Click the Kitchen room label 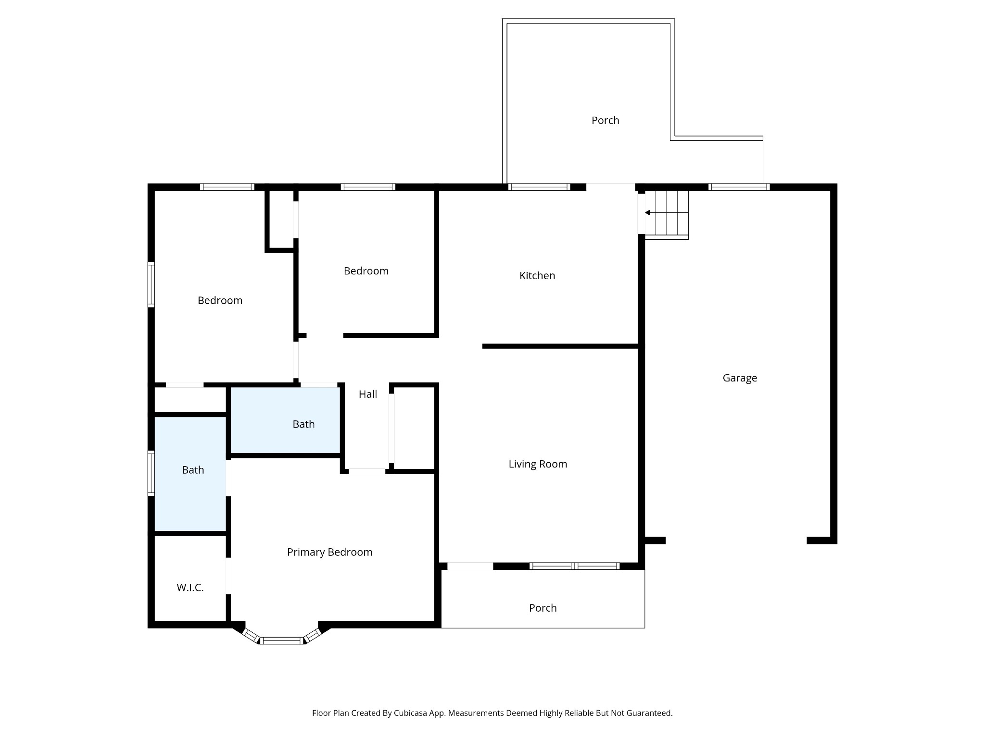click(537, 276)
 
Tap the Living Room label click(538, 464)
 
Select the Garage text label click(740, 378)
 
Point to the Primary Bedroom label click(329, 553)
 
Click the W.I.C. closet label click(190, 588)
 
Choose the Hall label click(368, 394)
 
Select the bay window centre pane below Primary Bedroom click(282, 640)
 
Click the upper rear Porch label click(605, 121)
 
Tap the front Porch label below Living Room click(543, 608)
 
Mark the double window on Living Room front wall click(574, 566)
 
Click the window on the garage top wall click(739, 187)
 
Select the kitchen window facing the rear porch click(539, 187)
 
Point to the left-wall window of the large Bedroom click(151, 284)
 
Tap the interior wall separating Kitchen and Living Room click(560, 346)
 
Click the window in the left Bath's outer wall click(151, 473)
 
